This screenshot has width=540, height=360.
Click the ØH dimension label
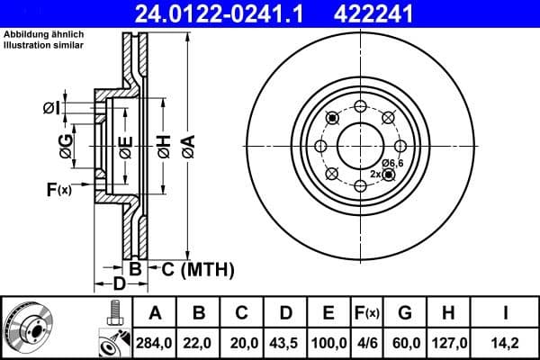click(163, 146)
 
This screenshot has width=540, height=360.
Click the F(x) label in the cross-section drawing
click(58, 189)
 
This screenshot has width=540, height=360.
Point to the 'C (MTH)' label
click(197, 268)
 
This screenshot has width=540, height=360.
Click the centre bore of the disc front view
click(360, 144)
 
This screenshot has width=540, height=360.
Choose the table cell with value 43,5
click(285, 342)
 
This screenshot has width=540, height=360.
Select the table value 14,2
click(506, 342)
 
